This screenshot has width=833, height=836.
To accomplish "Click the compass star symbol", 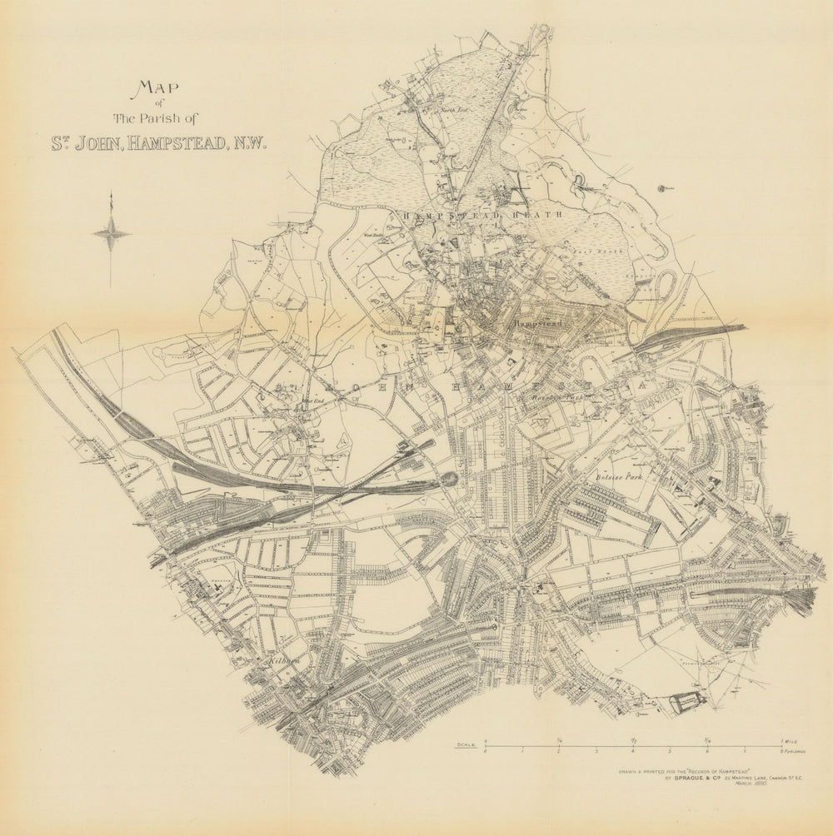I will [111, 234].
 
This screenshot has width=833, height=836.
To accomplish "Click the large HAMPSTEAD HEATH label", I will [483, 215].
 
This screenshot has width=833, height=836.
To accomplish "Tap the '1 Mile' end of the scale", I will [790, 741].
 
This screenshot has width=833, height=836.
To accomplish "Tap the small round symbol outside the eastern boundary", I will [663, 189].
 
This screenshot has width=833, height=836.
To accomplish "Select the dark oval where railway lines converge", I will [447, 480].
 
